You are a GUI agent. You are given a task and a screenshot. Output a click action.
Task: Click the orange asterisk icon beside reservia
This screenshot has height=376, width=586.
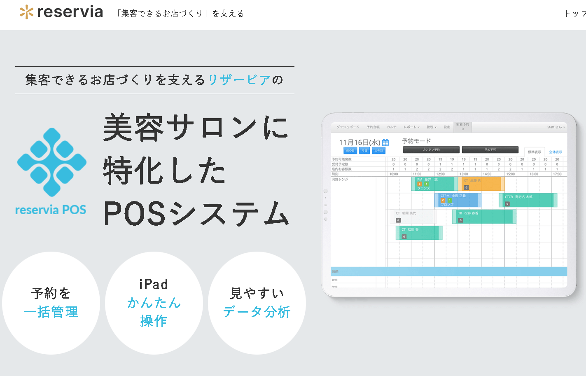click(x=26, y=12)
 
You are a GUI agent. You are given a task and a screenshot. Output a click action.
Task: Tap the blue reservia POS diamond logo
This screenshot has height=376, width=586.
click(x=52, y=162)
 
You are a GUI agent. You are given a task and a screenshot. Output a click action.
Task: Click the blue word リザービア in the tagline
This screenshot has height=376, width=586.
click(x=239, y=79)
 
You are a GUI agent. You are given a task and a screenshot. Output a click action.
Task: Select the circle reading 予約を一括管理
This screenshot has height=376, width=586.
click(x=51, y=303)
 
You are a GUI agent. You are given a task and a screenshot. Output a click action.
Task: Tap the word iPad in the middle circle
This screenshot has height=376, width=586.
click(x=154, y=284)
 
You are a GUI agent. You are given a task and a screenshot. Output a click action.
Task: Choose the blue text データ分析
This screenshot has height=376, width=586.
click(x=257, y=312)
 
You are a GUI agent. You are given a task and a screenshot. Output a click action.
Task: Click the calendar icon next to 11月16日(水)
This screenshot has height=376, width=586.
click(x=385, y=142)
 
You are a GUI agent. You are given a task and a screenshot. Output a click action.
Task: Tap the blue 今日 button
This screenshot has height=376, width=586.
click(x=364, y=151)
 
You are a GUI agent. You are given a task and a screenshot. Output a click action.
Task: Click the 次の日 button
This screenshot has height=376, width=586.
click(x=378, y=151)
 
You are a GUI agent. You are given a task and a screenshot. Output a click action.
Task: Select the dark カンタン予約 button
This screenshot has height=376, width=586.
click(x=431, y=150)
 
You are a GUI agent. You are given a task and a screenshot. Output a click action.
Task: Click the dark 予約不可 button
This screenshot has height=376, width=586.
click(x=490, y=150)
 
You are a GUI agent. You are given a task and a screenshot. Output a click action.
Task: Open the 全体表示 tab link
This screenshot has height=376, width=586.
click(x=556, y=152)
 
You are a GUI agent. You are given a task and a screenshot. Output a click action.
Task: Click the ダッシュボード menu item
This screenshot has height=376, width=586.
click(x=348, y=127)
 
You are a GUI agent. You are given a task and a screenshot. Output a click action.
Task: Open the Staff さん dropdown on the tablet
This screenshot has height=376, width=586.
click(x=556, y=127)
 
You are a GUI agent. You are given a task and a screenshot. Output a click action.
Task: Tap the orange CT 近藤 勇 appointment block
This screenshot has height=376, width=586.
click(x=481, y=184)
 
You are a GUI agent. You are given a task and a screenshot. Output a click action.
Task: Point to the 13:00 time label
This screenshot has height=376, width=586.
click(x=464, y=174)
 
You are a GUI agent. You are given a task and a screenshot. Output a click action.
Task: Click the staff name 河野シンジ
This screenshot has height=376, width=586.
click(x=340, y=180)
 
